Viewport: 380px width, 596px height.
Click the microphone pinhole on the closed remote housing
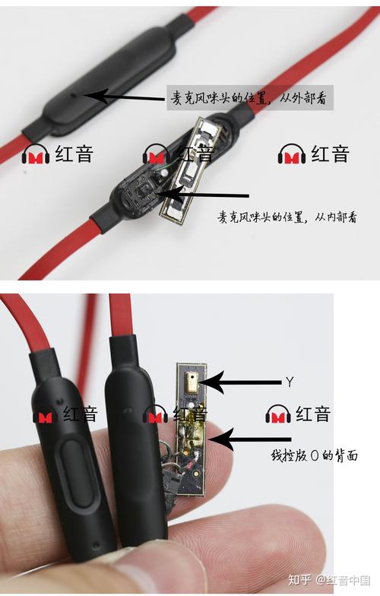74,96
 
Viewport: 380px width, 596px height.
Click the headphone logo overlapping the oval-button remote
46,416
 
